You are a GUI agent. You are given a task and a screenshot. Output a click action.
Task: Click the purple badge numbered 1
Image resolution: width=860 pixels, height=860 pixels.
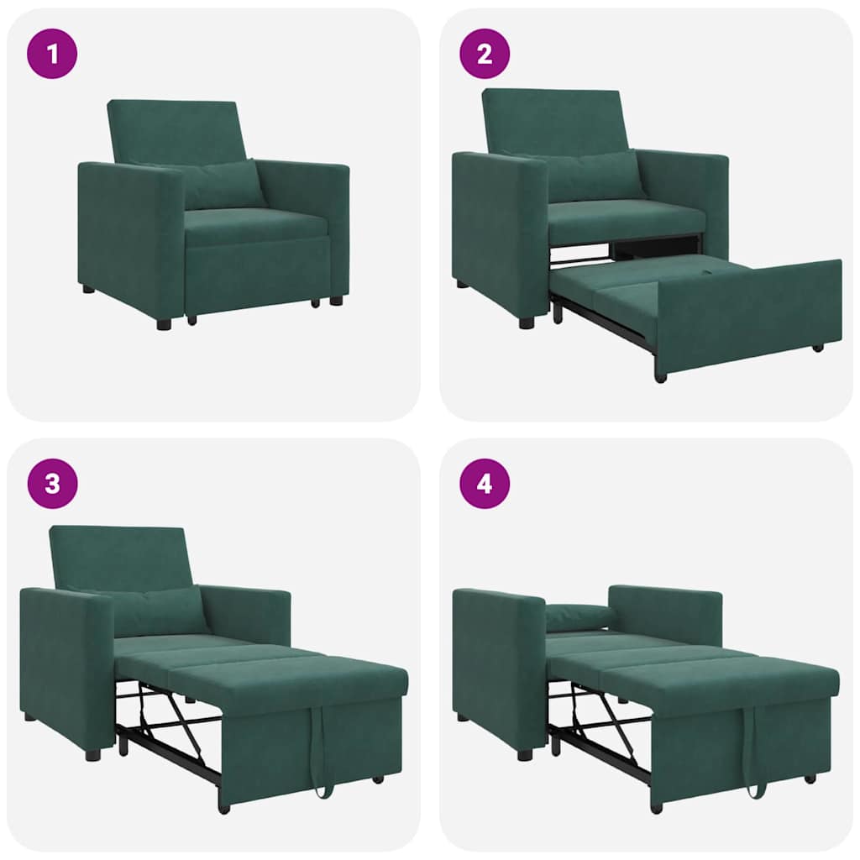[x=52, y=54]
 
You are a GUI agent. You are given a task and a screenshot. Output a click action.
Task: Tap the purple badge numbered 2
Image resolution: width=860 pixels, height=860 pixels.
[x=485, y=54]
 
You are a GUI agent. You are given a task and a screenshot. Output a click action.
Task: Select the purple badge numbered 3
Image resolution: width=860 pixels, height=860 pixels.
[x=52, y=484]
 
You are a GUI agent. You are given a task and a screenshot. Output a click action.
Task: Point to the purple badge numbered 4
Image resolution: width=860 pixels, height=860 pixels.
[x=485, y=484]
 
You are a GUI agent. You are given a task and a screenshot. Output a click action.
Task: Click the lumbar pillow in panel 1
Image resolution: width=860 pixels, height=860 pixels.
[x=223, y=185]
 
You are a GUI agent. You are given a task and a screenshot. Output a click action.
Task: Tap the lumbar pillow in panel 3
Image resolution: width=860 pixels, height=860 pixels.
[x=160, y=611]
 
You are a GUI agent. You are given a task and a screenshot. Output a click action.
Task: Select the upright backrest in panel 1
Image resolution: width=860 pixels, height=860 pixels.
[x=176, y=130]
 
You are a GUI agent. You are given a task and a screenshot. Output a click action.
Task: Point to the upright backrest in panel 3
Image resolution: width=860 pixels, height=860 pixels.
[x=118, y=556]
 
